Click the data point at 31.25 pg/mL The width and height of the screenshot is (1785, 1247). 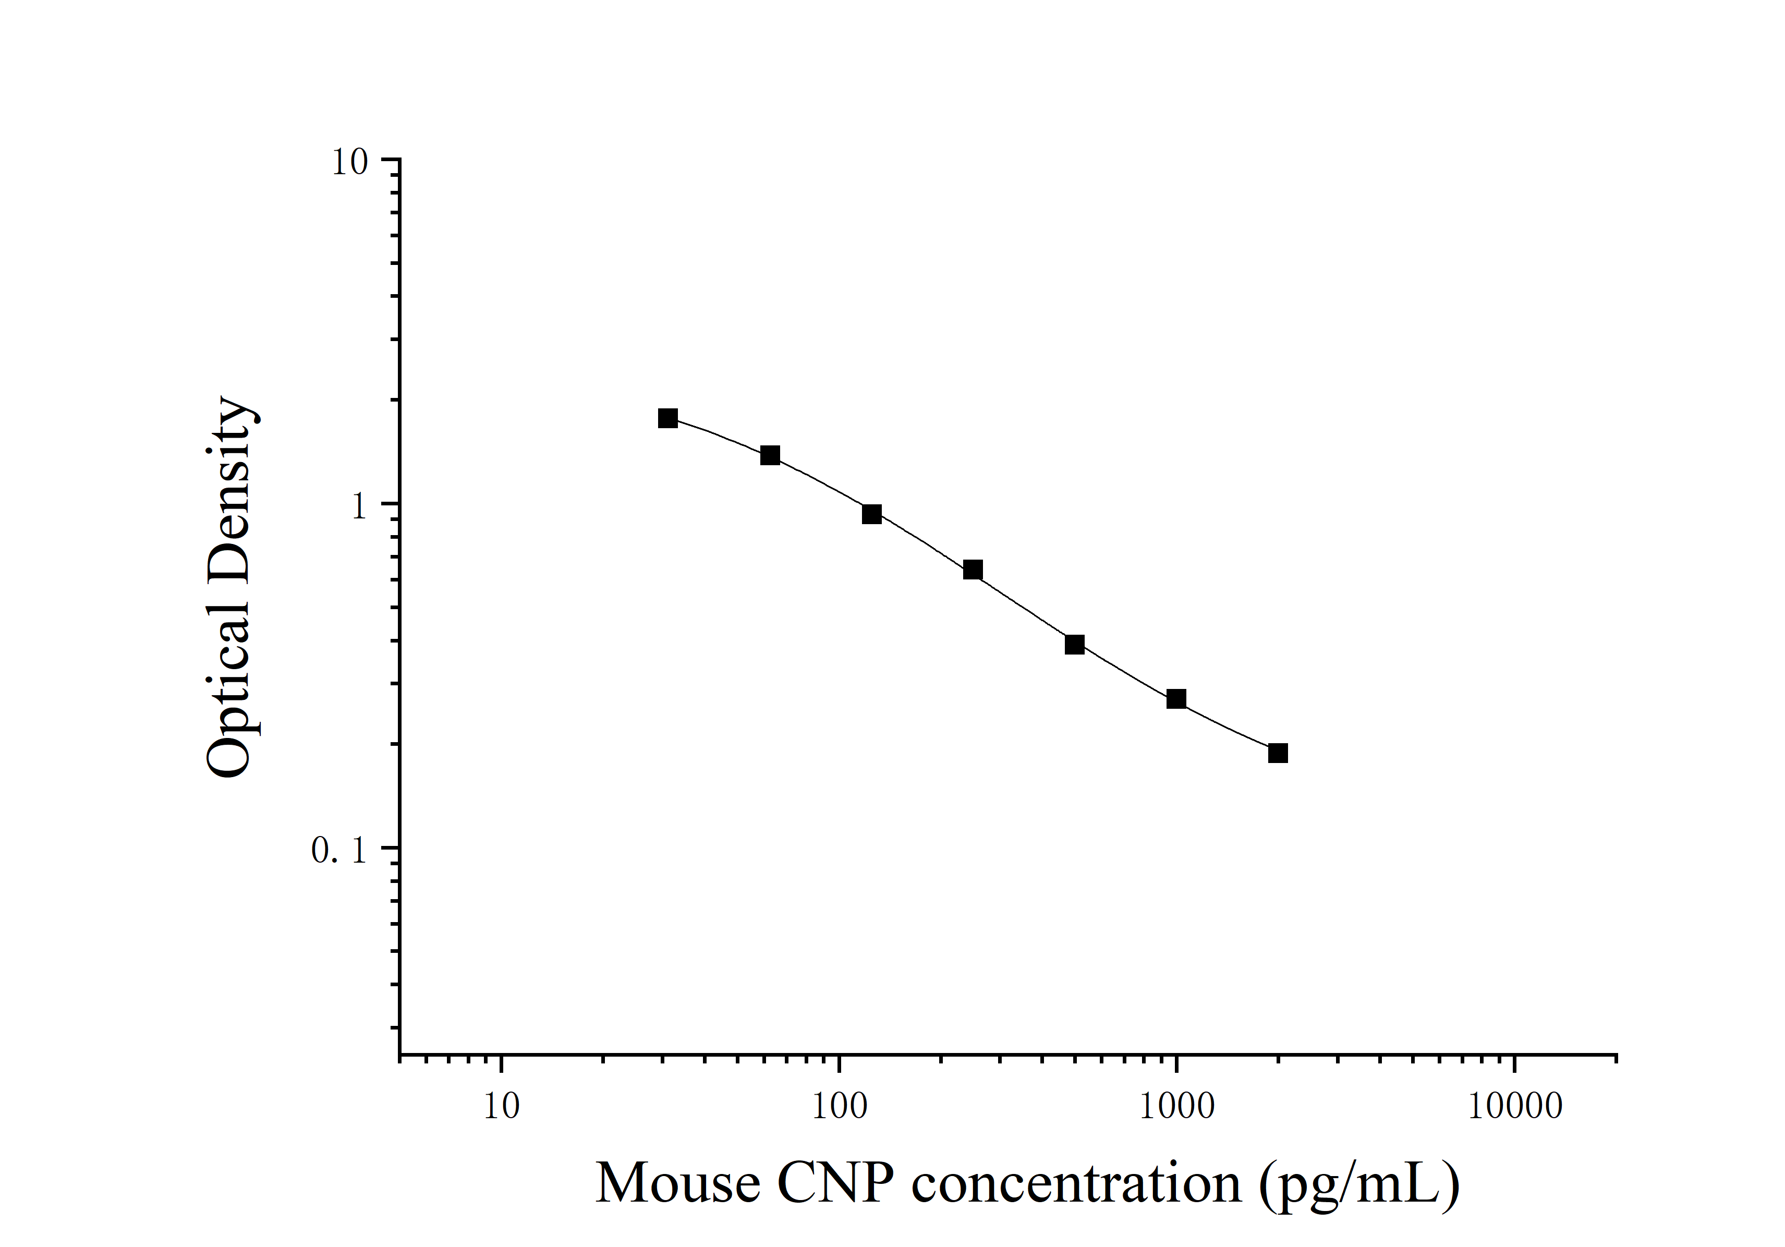click(x=668, y=418)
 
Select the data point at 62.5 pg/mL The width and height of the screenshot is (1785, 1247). click(x=770, y=456)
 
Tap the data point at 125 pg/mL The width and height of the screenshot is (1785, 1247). click(x=871, y=514)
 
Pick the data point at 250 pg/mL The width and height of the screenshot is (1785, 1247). click(x=973, y=570)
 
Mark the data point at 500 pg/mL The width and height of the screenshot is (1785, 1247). click(x=1074, y=645)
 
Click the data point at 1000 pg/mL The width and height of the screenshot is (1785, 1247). click(x=1176, y=699)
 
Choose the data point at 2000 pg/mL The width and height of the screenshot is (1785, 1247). click(x=1278, y=753)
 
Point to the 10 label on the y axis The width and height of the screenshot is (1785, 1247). click(x=349, y=163)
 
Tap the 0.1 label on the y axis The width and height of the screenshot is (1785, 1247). click(x=338, y=851)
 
